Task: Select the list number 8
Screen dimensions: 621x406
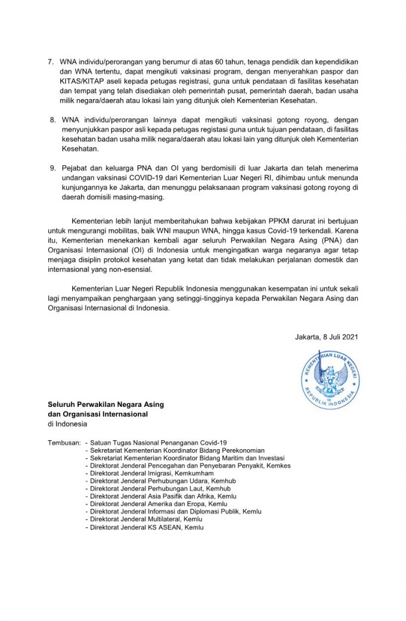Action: pyautogui.click(x=52, y=120)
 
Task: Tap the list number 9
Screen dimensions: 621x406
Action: pyautogui.click(x=52, y=168)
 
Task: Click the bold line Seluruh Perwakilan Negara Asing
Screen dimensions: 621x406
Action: pyautogui.click(x=106, y=404)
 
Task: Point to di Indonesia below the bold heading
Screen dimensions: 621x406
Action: pyautogui.click(x=67, y=424)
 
